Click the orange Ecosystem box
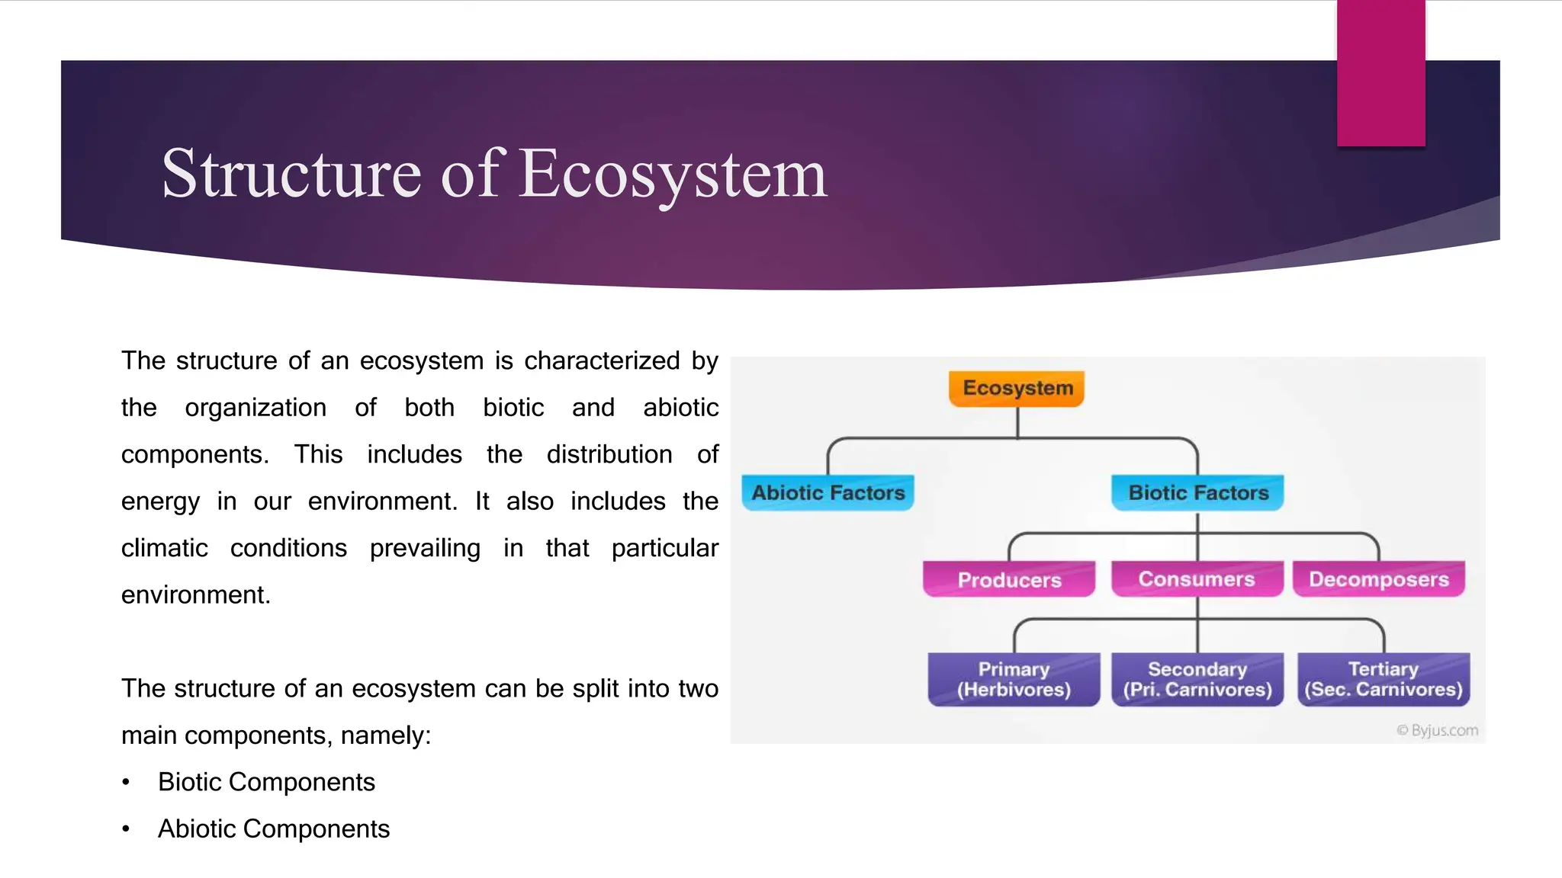pos(1017,389)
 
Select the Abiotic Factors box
pos(828,492)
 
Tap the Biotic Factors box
pos(1197,492)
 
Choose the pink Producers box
pos(1009,579)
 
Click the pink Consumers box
pos(1197,579)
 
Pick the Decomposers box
pos(1379,579)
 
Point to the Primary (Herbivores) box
pos(1014,680)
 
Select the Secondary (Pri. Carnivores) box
pos(1197,680)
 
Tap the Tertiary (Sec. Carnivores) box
pos(1384,680)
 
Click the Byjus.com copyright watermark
pos(1438,730)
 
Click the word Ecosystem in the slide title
pos(673,175)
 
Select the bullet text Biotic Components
pos(266,782)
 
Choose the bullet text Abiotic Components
pos(274,828)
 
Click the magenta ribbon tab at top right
pos(1381,73)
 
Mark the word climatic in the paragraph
pos(165,548)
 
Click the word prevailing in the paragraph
pos(425,549)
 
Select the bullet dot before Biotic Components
pos(126,783)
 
